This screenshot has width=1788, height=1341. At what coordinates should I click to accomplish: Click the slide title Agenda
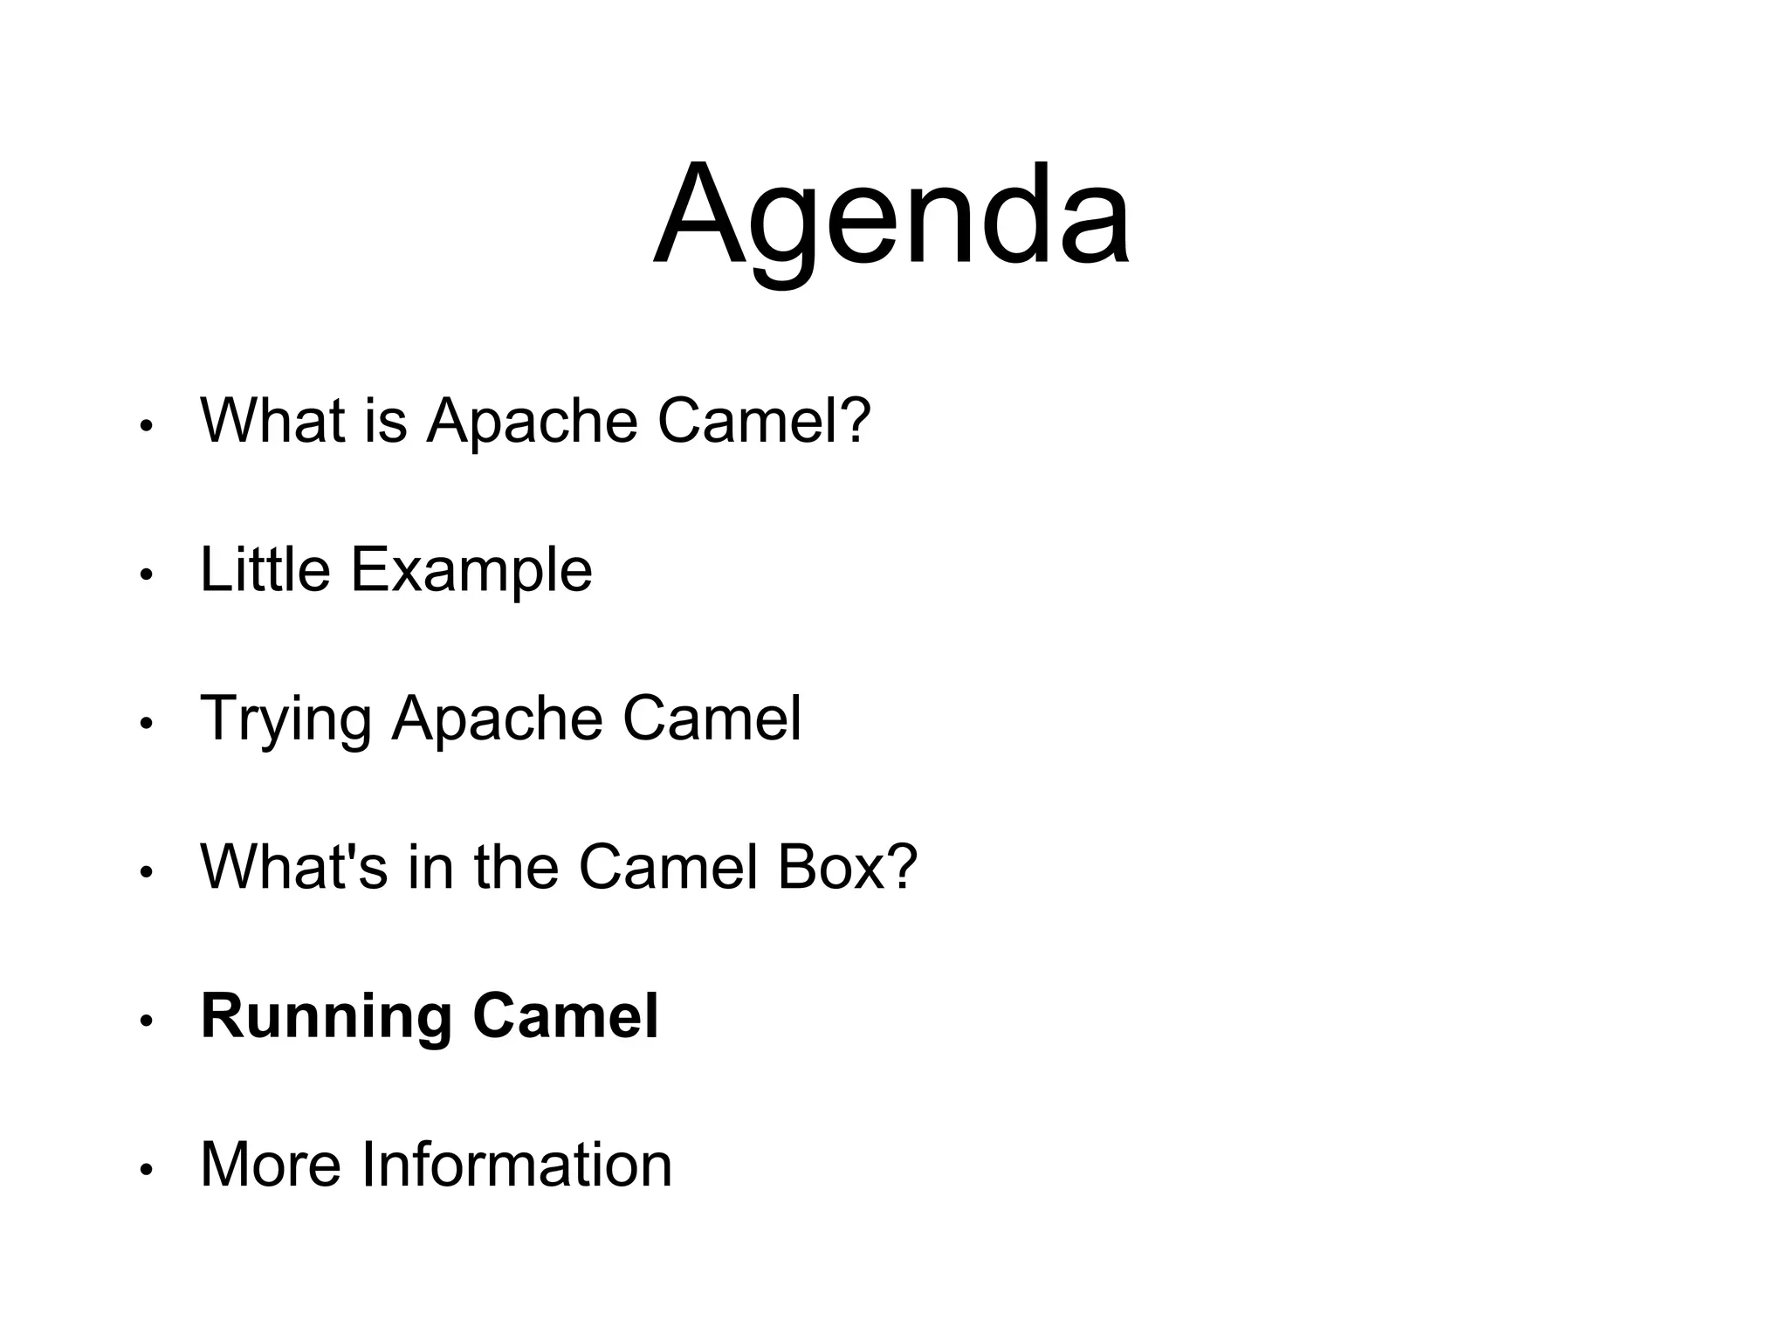point(891,217)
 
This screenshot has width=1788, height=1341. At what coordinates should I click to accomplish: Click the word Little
point(265,570)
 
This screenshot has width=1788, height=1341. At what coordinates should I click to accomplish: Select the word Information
point(517,1165)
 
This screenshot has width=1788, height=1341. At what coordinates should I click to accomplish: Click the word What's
point(293,868)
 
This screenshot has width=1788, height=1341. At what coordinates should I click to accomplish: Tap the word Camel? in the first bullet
point(764,421)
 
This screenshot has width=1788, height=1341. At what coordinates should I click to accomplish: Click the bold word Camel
point(565,1016)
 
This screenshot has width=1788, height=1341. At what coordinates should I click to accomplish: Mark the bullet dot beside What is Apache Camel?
point(147,426)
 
